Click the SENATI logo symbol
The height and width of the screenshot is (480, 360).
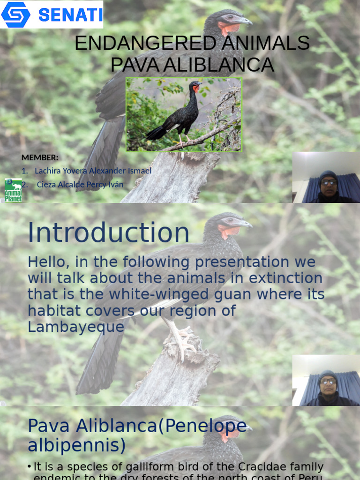[16, 15]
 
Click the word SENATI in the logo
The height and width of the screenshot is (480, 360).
[70, 15]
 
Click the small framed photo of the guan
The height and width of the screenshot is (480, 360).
[184, 114]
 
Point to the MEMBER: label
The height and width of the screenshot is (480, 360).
[40, 157]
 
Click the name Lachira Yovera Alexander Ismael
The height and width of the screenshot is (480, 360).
[93, 171]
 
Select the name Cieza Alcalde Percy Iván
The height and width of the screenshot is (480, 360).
[80, 185]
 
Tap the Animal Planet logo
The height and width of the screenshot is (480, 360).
[13, 190]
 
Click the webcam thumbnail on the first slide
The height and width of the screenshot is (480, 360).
[326, 177]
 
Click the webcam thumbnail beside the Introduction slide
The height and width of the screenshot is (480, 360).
[326, 380]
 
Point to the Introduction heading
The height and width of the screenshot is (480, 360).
[108, 232]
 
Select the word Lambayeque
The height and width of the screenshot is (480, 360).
[76, 327]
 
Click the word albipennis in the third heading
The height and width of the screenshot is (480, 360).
[76, 446]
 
